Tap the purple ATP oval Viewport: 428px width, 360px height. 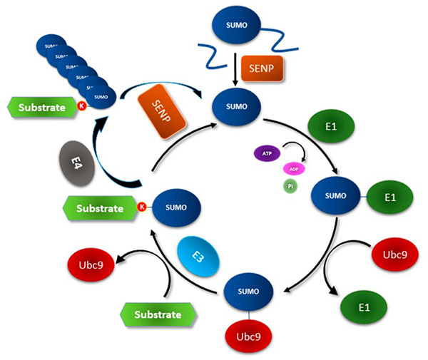tap(266, 153)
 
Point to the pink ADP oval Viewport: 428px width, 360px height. tap(295, 168)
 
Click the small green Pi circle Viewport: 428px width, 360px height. tap(289, 185)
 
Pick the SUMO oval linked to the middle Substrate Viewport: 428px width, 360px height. tap(175, 207)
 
